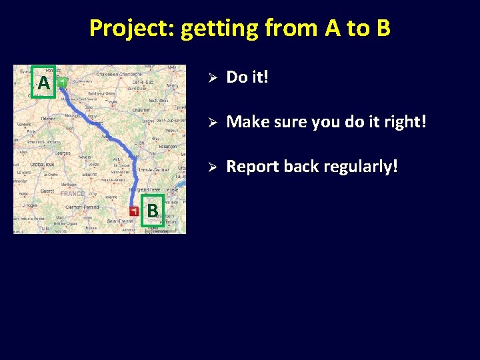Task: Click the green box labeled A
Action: click(x=43, y=83)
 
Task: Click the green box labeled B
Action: click(x=153, y=211)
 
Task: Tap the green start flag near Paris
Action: click(x=61, y=83)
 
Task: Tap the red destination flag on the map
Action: click(x=135, y=211)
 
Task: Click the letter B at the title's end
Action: click(x=382, y=28)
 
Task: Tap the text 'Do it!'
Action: click(x=247, y=77)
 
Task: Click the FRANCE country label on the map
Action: click(x=72, y=194)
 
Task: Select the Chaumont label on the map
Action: click(x=141, y=109)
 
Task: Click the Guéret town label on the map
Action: click(x=47, y=191)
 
